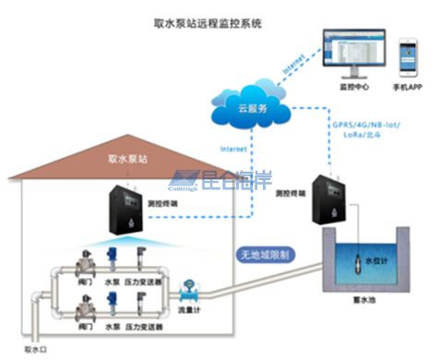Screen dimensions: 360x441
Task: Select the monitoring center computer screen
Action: tap(347, 54)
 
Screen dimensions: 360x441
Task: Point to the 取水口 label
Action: tap(35, 349)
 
